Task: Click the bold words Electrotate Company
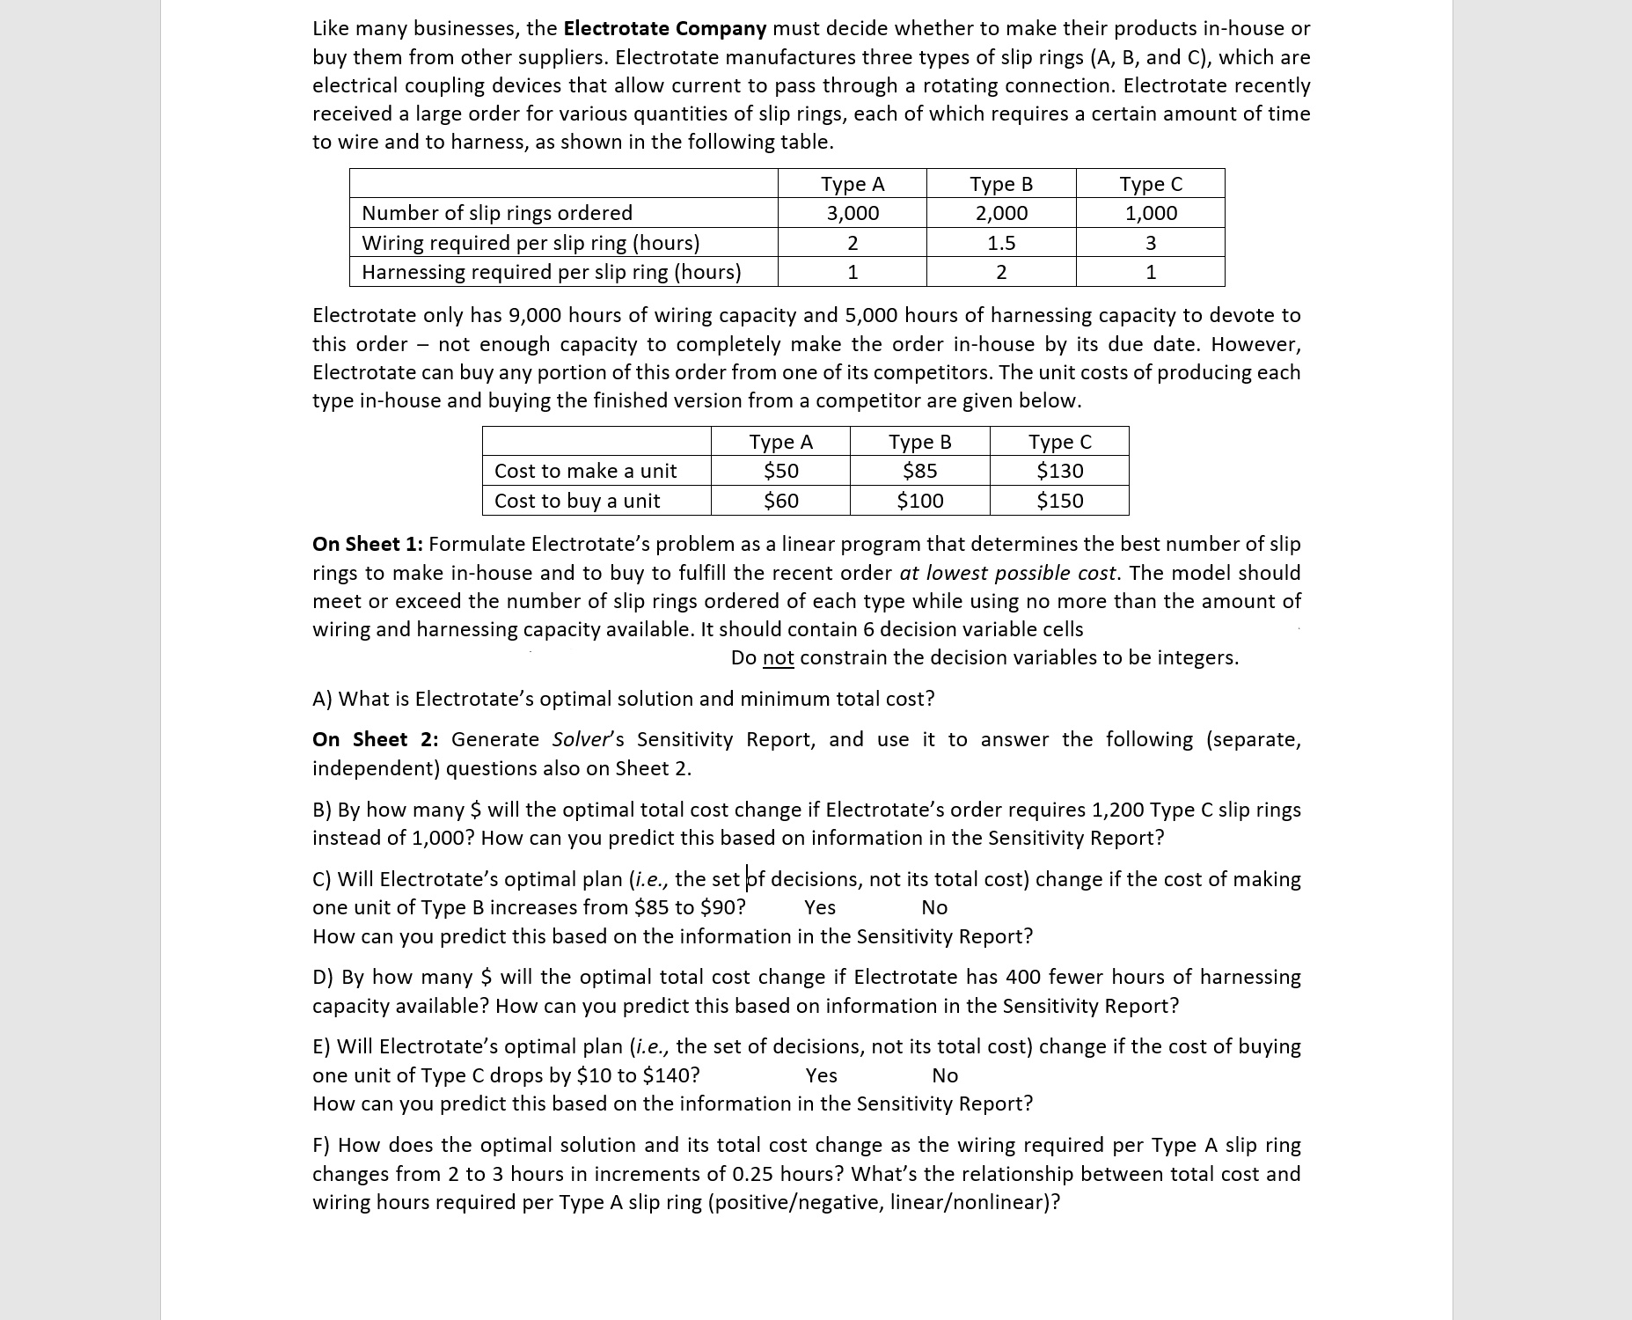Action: [x=664, y=28]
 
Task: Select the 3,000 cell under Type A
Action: [x=852, y=213]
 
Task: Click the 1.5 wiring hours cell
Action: [x=1000, y=243]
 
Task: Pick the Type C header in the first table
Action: [x=1150, y=184]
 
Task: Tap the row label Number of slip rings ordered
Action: [x=497, y=213]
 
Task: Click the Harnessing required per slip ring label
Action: [x=551, y=272]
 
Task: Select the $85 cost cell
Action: [x=919, y=471]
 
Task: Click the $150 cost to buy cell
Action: [x=1059, y=501]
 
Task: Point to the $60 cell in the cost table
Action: [x=780, y=501]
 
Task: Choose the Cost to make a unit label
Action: [x=585, y=471]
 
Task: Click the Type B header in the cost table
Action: [x=919, y=442]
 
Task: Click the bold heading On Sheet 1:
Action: [x=367, y=544]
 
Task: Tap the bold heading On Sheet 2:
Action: [x=375, y=739]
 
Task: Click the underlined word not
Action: [x=778, y=658]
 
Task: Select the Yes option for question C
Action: [x=819, y=907]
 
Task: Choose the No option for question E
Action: [x=944, y=1075]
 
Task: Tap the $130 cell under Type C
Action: [x=1059, y=471]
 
